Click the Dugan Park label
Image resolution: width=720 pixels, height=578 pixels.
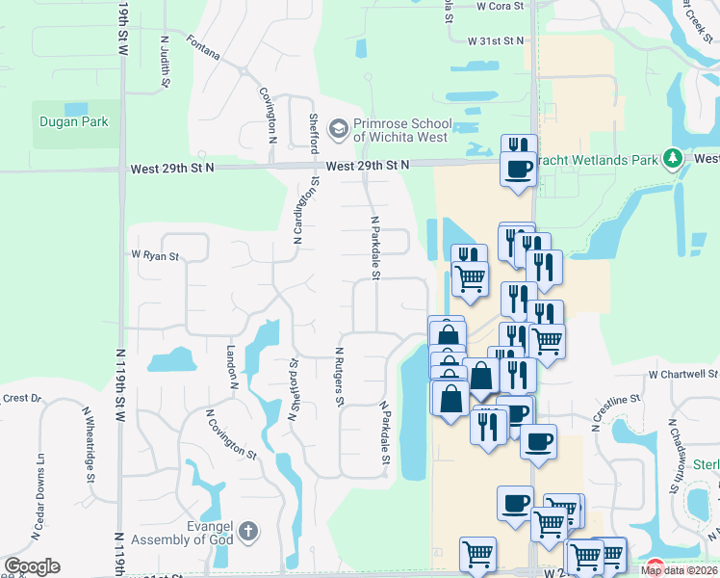(x=73, y=122)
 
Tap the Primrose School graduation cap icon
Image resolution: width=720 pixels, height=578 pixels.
(x=338, y=127)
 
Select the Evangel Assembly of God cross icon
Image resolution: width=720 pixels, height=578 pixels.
(x=248, y=530)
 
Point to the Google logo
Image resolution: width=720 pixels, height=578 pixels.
(x=32, y=566)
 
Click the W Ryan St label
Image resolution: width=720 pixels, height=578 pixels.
(x=155, y=256)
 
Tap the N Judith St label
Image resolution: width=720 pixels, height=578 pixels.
(x=166, y=63)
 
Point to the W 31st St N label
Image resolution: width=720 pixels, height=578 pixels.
(x=496, y=41)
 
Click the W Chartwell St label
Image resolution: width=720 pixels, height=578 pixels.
(x=683, y=373)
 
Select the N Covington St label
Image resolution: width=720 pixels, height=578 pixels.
(x=231, y=433)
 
